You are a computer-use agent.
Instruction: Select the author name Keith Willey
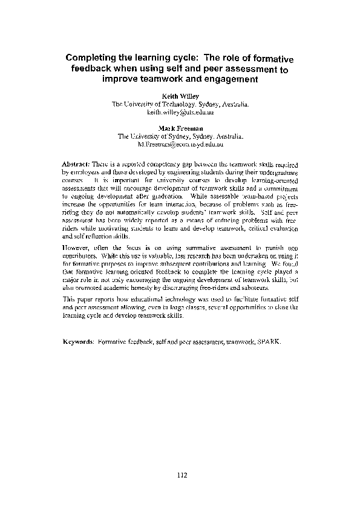[180, 96]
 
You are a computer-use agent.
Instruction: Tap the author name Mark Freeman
[180, 128]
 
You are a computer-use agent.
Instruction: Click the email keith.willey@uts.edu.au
[180, 113]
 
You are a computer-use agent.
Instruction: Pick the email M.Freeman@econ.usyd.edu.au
[180, 145]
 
